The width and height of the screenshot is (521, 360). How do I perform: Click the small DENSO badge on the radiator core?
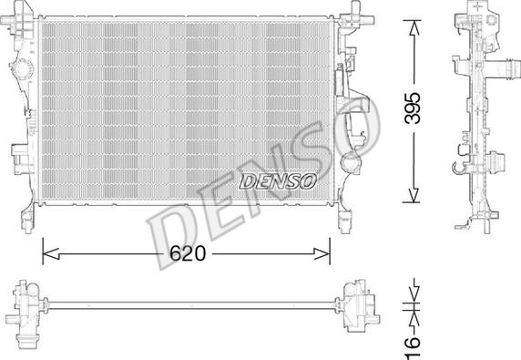click(277, 180)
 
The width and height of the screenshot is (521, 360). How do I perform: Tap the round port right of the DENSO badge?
click(350, 165)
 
